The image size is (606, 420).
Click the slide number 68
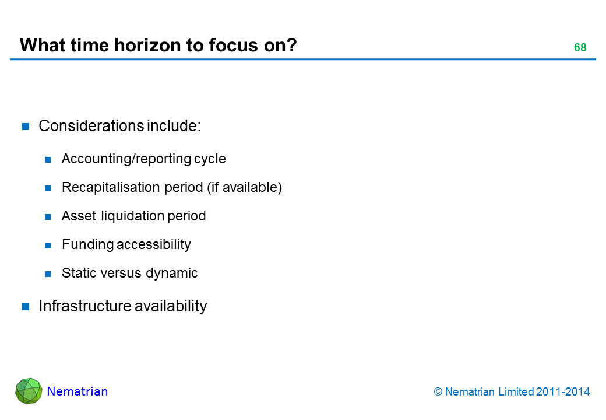pos(580,47)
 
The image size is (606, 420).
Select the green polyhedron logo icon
pos(29,391)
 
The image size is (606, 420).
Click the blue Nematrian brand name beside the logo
pos(77,391)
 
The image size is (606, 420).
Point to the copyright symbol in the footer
pos(438,392)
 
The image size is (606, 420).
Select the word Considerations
pos(91,126)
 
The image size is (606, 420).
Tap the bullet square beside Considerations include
pos(26,127)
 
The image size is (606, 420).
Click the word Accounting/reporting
pos(126,159)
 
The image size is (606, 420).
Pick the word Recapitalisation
pos(111,188)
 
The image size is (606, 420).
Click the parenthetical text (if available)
pos(245,188)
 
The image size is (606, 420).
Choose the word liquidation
pos(133,216)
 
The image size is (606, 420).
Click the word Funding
pos(87,245)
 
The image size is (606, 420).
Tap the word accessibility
pos(154,245)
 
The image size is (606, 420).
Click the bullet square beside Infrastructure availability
pos(26,307)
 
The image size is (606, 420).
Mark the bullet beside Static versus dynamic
pos(48,274)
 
